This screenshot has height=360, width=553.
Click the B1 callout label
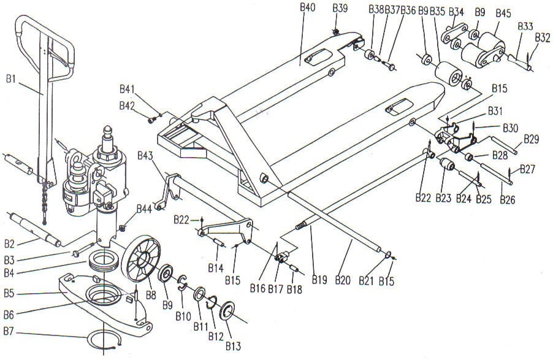tap(11, 79)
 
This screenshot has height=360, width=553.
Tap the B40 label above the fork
tap(307, 7)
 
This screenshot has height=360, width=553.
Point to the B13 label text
tap(233, 346)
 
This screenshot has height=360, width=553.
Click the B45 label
tap(503, 13)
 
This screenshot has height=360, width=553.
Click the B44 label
tap(144, 209)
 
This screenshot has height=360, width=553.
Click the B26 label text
tap(508, 200)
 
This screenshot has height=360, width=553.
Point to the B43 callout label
tap(145, 155)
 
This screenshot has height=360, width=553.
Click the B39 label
tap(340, 9)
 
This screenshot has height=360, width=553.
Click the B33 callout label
tap(525, 26)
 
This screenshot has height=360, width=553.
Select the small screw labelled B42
tap(151, 120)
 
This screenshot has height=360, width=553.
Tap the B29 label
tap(531, 139)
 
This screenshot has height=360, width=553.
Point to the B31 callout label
tap(495, 111)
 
